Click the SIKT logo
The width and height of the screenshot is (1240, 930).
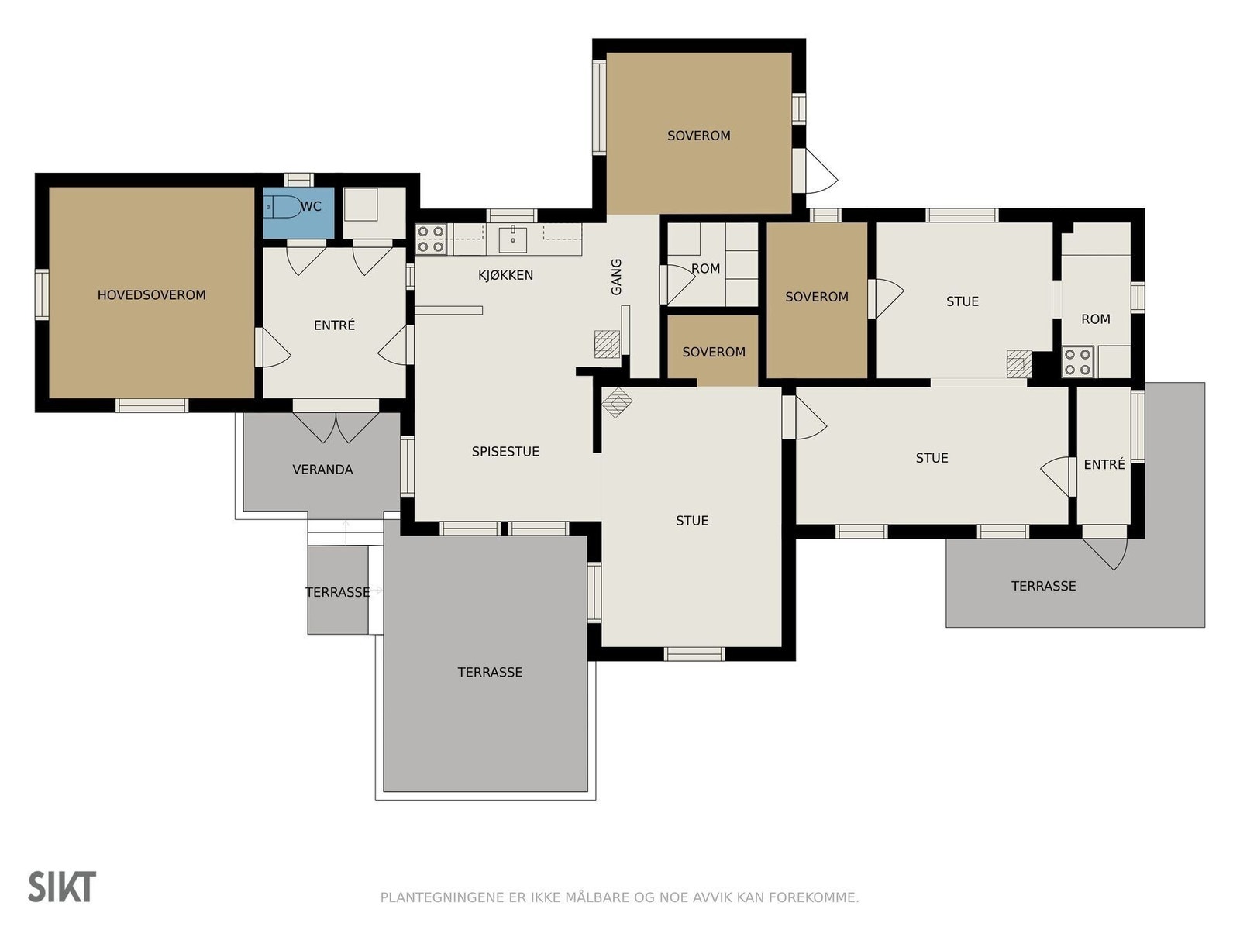62,887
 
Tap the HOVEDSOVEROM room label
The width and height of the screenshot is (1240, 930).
151,294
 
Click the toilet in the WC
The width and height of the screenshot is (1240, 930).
283,207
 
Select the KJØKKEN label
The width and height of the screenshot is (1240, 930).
505,275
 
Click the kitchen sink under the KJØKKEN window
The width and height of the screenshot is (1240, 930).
513,240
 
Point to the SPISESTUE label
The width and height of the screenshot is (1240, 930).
505,451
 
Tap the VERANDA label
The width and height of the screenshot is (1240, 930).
322,469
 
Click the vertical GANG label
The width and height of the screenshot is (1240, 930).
616,277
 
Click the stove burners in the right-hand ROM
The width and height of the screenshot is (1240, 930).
1077,361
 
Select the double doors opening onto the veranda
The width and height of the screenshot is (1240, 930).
336,427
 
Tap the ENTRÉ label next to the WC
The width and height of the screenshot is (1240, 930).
335,325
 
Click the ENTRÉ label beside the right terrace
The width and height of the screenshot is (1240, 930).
1104,464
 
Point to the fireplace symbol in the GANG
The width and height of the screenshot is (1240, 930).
608,344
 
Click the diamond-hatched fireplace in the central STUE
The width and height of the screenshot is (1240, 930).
617,402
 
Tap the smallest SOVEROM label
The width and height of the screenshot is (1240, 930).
714,352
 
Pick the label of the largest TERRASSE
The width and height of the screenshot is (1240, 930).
490,672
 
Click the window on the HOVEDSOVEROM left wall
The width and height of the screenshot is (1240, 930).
42,294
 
